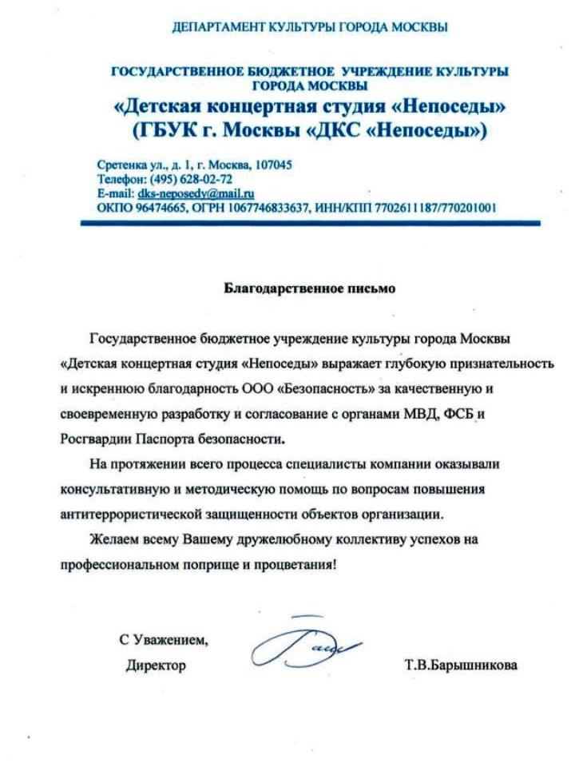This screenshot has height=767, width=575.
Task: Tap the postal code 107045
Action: [272, 165]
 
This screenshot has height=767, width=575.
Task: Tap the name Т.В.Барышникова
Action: [461, 665]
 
